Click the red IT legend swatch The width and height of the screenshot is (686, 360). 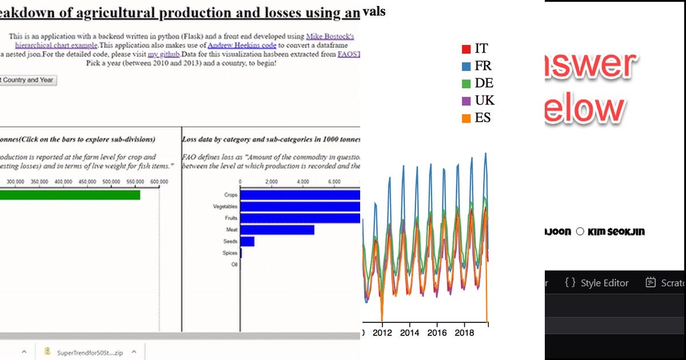pos(466,49)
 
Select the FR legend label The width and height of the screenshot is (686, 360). pos(483,66)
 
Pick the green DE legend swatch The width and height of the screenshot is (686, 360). pos(466,83)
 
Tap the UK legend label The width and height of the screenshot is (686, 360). pos(484,101)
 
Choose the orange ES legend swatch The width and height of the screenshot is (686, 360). pos(466,118)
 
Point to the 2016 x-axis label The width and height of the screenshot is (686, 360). pos(437,333)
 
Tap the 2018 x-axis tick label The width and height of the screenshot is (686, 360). pos(465,333)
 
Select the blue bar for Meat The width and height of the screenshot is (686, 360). pos(277,230)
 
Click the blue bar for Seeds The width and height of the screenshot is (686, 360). pos(248,242)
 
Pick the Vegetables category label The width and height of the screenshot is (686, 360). pos(225,206)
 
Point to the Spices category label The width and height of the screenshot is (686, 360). pos(230,253)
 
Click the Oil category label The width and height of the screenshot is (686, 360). pos(234,265)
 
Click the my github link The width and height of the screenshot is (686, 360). pos(164,54)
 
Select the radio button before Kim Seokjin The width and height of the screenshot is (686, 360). pos(580,231)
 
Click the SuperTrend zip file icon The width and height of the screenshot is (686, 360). pos(48,351)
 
